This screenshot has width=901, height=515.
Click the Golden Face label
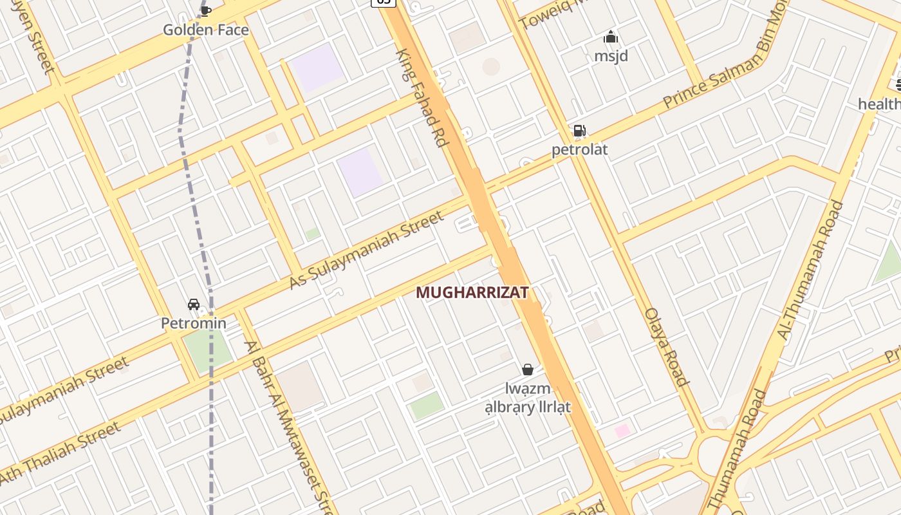[205, 30]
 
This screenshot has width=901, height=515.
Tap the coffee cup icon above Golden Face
[206, 10]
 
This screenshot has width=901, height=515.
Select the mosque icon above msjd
[611, 37]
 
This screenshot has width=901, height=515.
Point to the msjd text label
[611, 56]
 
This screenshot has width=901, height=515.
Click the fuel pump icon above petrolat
[579, 131]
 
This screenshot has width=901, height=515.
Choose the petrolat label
[579, 150]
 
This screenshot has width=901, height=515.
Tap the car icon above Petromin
[193, 304]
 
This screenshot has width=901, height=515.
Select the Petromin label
[194, 323]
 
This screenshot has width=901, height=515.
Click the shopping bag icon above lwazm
[528, 370]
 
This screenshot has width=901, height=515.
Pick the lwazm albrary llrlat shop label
[528, 398]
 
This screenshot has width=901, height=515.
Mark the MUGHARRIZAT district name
[472, 293]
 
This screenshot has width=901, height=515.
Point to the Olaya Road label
[667, 348]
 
